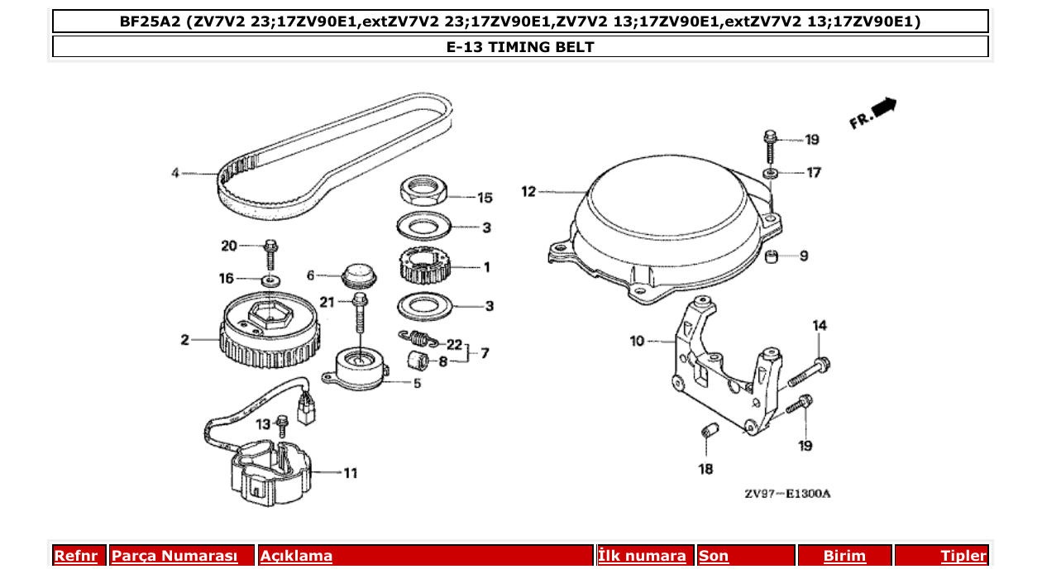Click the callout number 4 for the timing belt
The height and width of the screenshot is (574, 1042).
[x=175, y=174]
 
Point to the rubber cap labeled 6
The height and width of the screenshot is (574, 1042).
[x=357, y=274]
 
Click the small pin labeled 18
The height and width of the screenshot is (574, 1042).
[x=707, y=433]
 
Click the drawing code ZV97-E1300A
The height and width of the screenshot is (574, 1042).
[x=786, y=494]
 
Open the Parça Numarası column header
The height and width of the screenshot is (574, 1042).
[x=174, y=557]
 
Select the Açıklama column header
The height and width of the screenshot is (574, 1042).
[x=297, y=557]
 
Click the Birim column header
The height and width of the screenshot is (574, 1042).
[x=844, y=557]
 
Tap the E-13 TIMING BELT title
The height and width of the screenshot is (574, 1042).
[x=520, y=47]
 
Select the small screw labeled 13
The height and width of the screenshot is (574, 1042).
[x=283, y=425]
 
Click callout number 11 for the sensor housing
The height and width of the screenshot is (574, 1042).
[x=351, y=474]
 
